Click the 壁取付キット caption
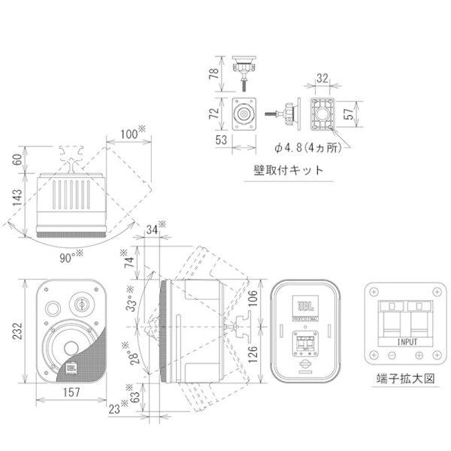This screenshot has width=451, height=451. (x=289, y=171)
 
